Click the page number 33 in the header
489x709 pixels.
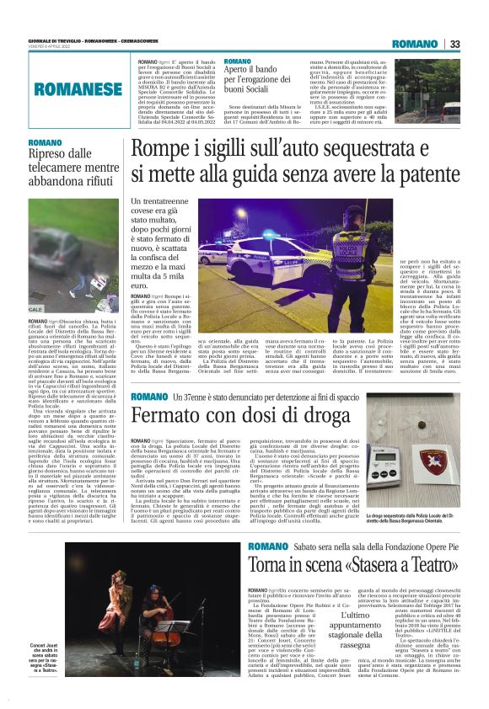454,45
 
